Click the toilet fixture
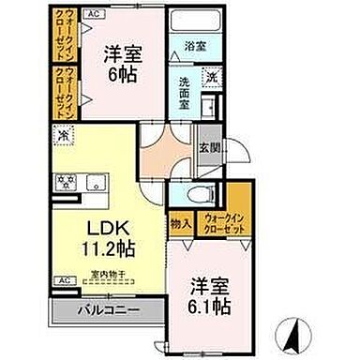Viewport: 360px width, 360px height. (x=195, y=194)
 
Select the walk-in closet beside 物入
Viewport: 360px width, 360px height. (x=223, y=222)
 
